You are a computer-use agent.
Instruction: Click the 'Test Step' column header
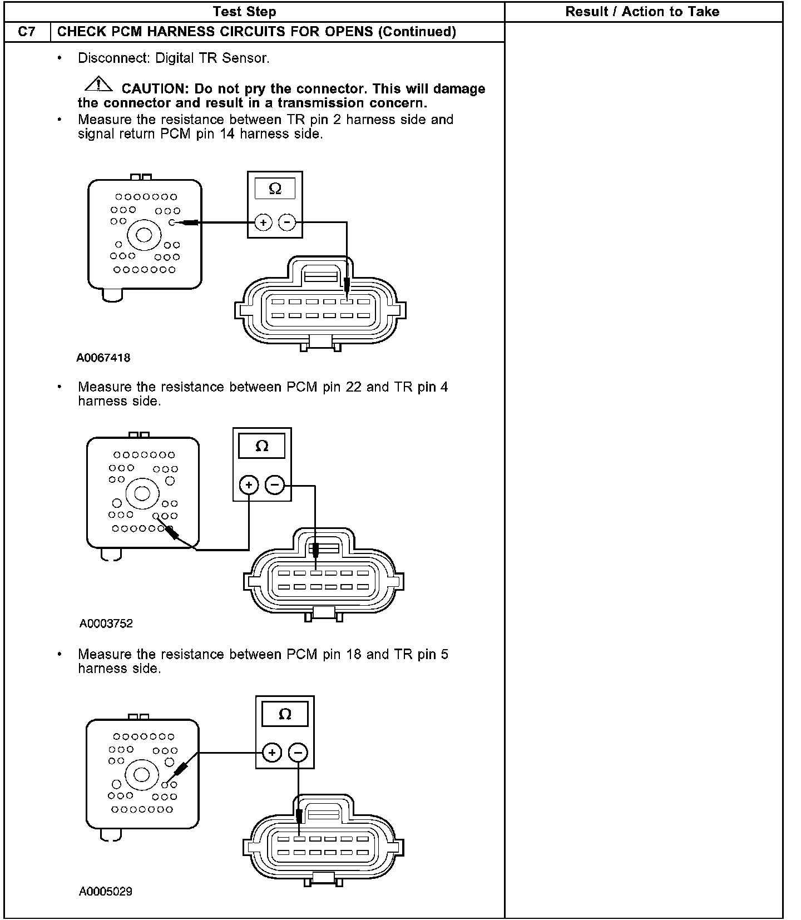click(244, 12)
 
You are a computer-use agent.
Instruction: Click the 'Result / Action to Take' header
click(642, 12)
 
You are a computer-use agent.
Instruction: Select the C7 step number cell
click(27, 32)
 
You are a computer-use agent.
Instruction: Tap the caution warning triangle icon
click(98, 85)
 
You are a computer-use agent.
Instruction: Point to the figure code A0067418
click(103, 358)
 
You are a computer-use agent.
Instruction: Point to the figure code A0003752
click(106, 624)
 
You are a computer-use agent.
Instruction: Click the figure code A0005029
click(106, 892)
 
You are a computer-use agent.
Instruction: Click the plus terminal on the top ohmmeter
click(263, 223)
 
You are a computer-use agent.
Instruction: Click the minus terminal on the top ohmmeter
click(287, 223)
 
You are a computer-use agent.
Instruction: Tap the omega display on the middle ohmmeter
click(261, 446)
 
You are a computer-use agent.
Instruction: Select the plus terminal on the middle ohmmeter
click(249, 485)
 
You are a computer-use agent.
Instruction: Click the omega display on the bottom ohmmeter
click(285, 714)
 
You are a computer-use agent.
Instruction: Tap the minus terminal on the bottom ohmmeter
click(299, 753)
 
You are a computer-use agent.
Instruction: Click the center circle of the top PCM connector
click(144, 234)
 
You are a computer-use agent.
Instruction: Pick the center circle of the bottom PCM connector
click(141, 774)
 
